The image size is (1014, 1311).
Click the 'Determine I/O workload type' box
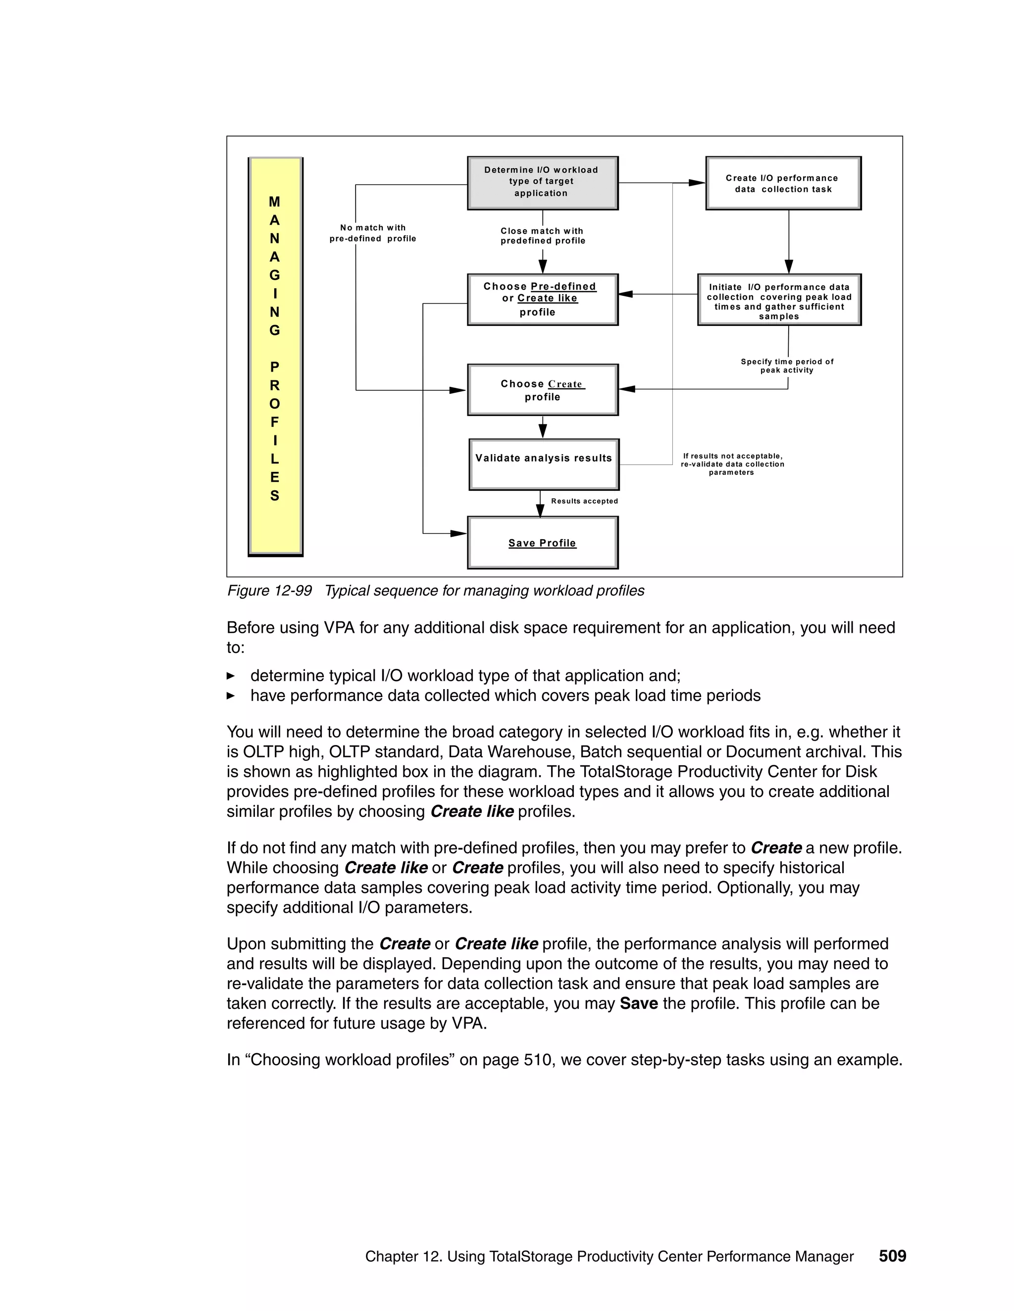coord(543,183)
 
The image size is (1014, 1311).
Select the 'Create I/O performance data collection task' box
coord(783,183)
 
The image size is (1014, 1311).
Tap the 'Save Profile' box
coord(543,543)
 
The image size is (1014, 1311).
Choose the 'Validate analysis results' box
coord(544,464)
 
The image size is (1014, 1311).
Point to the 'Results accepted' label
coord(584,501)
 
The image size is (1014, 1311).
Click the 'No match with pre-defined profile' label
coord(372,233)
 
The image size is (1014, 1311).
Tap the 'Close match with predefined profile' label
coord(543,236)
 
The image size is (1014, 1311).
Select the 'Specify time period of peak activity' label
coord(787,366)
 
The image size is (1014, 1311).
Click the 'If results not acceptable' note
coord(732,464)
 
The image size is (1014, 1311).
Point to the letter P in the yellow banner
coord(274,367)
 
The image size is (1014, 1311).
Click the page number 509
coord(892,1256)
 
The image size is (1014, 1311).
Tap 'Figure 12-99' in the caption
coord(269,591)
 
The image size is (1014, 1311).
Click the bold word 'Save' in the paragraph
coord(639,1003)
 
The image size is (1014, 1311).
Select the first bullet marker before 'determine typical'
coord(231,676)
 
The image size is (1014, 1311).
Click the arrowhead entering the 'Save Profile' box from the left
coord(458,533)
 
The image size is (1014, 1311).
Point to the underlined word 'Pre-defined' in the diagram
coord(563,286)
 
